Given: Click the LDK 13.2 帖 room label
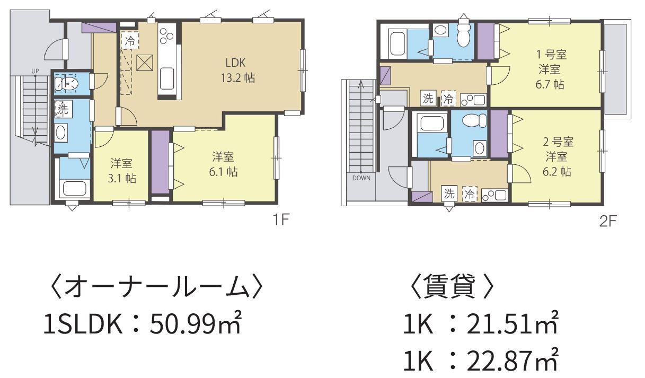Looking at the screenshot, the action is point(238,71).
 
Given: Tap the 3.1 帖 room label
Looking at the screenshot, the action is point(122,171).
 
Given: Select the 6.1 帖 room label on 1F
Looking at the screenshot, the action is point(223,164).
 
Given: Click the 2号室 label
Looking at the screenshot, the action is point(558,142).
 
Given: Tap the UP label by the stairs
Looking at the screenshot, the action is point(35,71).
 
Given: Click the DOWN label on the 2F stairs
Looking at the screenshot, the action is point(361,178).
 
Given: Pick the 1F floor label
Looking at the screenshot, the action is point(281,220).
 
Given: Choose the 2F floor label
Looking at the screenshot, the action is point(608,221).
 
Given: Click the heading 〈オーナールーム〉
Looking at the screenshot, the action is point(156,287).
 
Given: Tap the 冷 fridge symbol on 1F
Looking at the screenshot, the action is point(130,40).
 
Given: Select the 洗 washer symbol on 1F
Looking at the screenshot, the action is point(62,109).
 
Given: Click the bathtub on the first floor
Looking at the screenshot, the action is point(75,188).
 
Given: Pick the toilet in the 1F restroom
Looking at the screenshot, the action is point(67,84).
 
